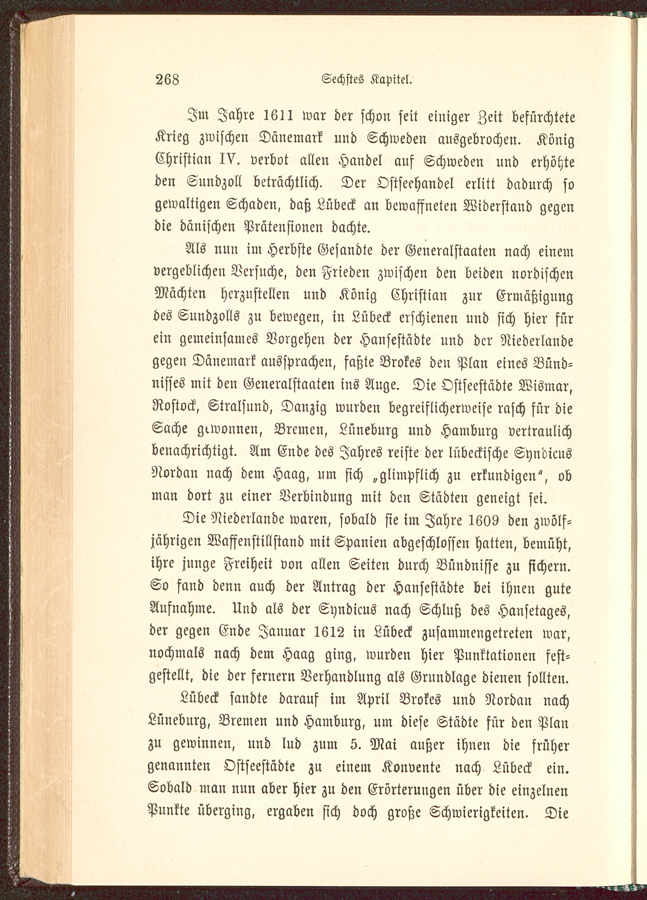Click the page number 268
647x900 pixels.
[x=167, y=80]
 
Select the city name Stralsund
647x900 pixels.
[x=240, y=408]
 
